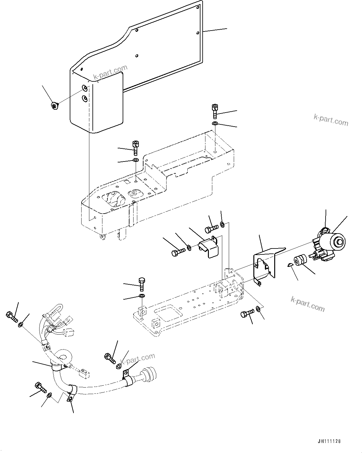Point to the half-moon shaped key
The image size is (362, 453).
coord(289,265)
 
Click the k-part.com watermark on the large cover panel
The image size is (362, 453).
coord(110,72)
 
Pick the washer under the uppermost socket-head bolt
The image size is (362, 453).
coord(215,124)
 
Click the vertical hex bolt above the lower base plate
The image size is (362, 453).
coord(141,284)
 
